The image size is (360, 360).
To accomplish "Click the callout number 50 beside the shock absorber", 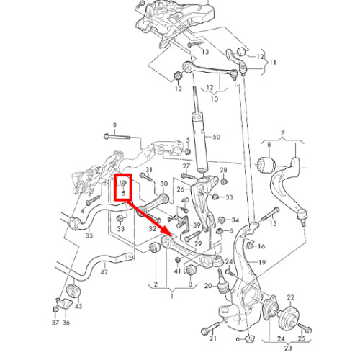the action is pos(217,137).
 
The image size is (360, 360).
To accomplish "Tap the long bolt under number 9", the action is pos(117,137).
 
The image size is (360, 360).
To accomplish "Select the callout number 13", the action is pos(205,52).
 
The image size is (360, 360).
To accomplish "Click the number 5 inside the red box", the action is pos(123,193).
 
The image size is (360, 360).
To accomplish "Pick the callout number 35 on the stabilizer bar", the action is pos(89,235).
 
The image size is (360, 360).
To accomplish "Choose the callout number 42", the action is pos(104,272).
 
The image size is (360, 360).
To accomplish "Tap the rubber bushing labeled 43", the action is pos(73,291).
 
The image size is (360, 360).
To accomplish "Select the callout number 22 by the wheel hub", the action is pos(291,297).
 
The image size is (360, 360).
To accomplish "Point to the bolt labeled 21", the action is pos(210,328).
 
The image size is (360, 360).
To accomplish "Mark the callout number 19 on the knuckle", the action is pos(262,262).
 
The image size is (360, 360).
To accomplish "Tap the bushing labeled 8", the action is pos(266,165).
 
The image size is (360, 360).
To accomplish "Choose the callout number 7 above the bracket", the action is pos(283,132).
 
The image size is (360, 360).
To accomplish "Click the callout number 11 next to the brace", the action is pos(273,63).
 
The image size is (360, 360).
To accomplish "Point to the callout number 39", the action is pos(197,225).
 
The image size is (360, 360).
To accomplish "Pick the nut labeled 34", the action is pos(221,220).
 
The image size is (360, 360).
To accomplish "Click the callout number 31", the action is pos(149,170).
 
